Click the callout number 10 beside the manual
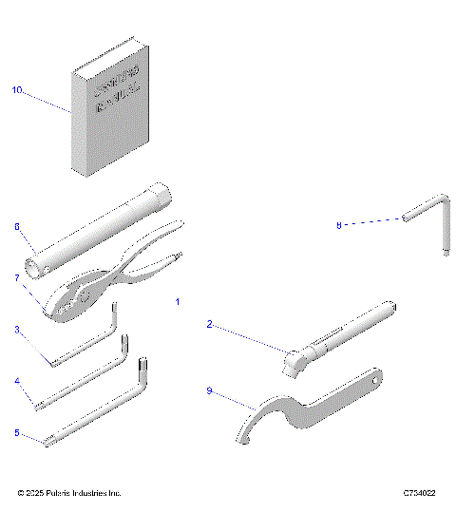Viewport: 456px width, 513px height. (16, 90)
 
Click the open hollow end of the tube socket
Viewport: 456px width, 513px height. (35, 269)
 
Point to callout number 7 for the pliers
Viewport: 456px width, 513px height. (17, 277)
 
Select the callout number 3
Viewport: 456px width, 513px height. (17, 329)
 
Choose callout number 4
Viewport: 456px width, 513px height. (17, 381)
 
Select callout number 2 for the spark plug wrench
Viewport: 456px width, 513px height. (210, 324)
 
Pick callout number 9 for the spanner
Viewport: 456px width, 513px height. (210, 389)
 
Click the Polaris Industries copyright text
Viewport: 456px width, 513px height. (69, 493)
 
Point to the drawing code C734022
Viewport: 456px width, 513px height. (419, 493)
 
